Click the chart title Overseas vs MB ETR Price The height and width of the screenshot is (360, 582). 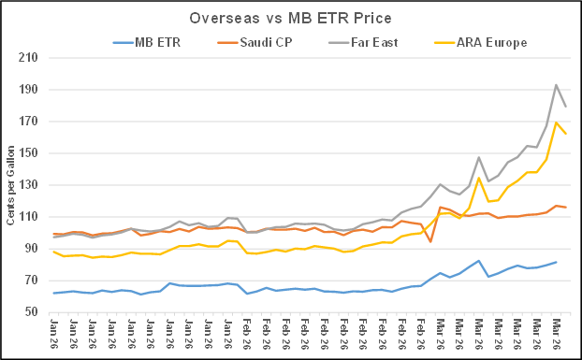coord(291,18)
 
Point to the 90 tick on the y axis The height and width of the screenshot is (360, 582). coord(36,249)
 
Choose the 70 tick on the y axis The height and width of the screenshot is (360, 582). coord(36,281)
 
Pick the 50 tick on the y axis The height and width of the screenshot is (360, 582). coord(36,312)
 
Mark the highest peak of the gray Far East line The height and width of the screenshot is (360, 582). coord(557,85)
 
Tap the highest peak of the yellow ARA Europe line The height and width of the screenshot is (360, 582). coord(557,122)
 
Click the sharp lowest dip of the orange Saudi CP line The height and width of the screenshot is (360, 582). coord(430,241)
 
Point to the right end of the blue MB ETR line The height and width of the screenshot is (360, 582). coord(557,262)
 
